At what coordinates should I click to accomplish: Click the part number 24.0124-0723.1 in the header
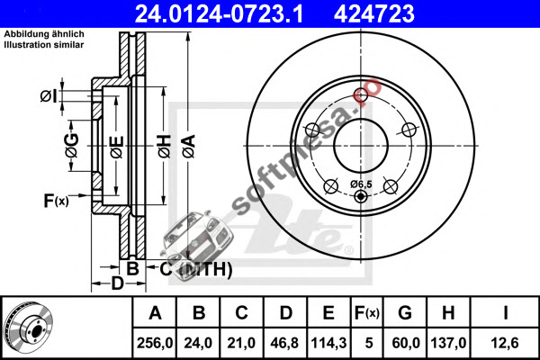[x=219, y=13]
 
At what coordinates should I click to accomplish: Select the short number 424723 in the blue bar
[x=374, y=13]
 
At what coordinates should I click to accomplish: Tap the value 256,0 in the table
[x=155, y=343]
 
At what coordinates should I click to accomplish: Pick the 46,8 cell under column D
[x=284, y=343]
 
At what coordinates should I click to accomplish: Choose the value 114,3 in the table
[x=328, y=343]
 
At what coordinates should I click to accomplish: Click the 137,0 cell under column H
[x=448, y=343]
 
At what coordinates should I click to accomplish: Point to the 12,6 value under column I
[x=505, y=343]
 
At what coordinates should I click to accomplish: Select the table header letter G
[x=405, y=313]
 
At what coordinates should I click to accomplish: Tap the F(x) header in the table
[x=367, y=313]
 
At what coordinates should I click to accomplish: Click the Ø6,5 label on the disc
[x=361, y=184]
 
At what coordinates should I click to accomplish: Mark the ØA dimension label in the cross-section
[x=189, y=146]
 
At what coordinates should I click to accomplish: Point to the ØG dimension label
[x=72, y=146]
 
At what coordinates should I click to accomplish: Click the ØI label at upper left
[x=49, y=96]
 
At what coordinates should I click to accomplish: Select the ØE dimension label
[x=117, y=147]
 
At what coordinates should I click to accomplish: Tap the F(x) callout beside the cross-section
[x=56, y=201]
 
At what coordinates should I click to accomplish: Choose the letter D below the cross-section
[x=117, y=283]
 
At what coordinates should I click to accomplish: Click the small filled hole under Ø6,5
[x=361, y=196]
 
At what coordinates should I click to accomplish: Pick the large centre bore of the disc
[x=361, y=146]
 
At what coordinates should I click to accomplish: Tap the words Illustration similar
[x=44, y=45]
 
